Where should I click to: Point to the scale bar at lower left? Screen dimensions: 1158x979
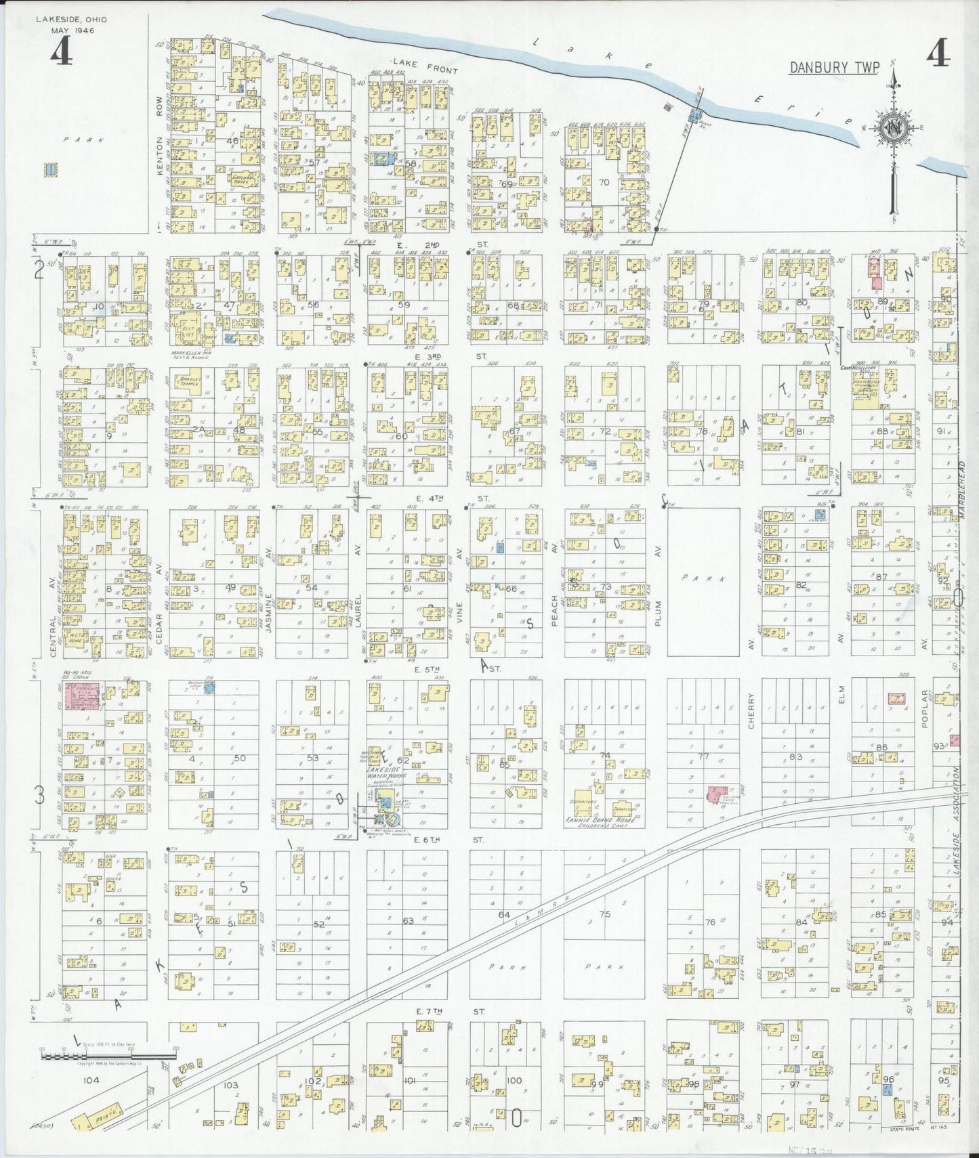[x=108, y=1067]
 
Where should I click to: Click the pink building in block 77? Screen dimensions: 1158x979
[x=714, y=793]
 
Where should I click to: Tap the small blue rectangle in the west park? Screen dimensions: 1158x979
[x=49, y=169]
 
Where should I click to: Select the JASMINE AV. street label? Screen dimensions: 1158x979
[x=268, y=613]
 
